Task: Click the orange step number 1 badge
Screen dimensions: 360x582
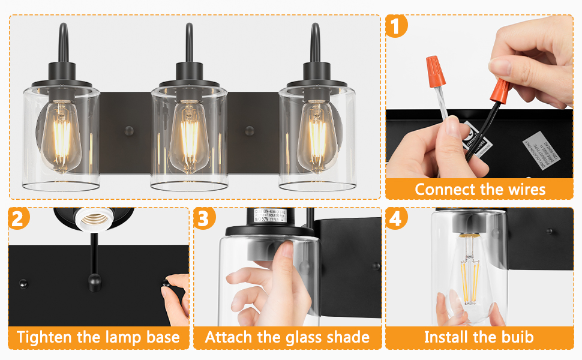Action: (396, 27)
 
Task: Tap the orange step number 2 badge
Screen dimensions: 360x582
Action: (19, 218)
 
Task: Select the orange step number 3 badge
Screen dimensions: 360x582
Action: (204, 218)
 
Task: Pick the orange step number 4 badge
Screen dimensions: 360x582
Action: (395, 218)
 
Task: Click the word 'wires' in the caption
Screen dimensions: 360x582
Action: (523, 190)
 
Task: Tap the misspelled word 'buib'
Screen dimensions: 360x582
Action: (515, 337)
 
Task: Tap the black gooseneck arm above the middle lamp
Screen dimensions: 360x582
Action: (188, 42)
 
